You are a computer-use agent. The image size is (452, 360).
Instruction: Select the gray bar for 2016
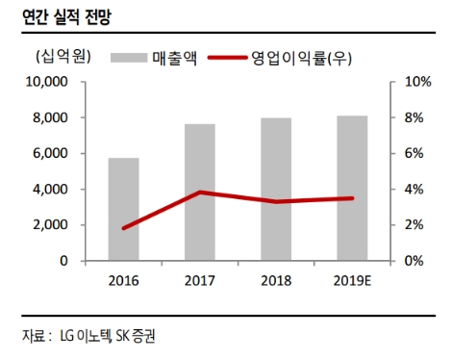pos(123,209)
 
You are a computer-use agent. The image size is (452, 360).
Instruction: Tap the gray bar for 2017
pos(199,193)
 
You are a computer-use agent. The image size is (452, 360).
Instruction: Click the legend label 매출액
pos(175,58)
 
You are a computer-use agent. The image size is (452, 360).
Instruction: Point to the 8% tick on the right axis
pos(413,117)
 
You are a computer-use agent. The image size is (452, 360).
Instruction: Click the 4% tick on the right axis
pos(413,190)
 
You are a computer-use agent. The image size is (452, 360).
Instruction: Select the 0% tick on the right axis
pos(413,261)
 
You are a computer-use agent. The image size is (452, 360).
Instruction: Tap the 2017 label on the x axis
pos(199,280)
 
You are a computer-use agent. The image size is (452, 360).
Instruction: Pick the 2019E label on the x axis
pos(352,280)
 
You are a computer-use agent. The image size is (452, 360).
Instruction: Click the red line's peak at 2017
pos(199,193)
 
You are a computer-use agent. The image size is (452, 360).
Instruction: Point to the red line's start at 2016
pos(123,228)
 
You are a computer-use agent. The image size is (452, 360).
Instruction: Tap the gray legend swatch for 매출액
pos(129,58)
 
